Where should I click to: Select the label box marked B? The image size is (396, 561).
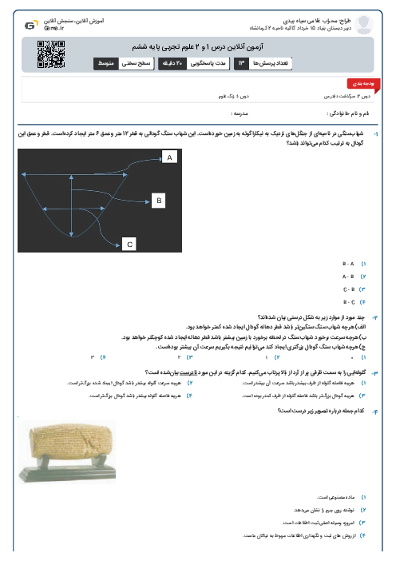coord(158,199)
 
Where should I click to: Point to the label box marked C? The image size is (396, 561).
coord(129,244)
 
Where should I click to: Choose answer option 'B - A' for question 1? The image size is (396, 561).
coord(349,263)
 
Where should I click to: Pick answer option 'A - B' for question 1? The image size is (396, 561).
coord(349,276)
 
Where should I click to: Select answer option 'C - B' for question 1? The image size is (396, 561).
coord(349,288)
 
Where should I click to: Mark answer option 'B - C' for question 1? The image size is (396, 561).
coord(349,301)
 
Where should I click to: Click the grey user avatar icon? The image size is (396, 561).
coord(363,26)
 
